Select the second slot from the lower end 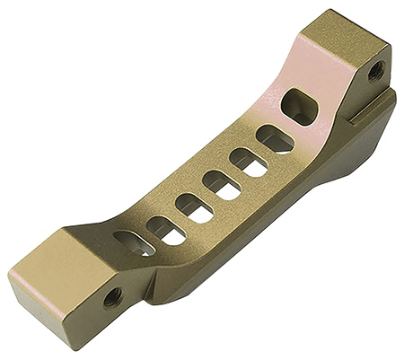tap(164, 229)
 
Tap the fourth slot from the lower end tap(220, 185)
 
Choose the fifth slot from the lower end tap(247, 162)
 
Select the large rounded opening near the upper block tap(299, 106)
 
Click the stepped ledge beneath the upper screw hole tap(368, 112)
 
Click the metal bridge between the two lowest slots tap(149, 235)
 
